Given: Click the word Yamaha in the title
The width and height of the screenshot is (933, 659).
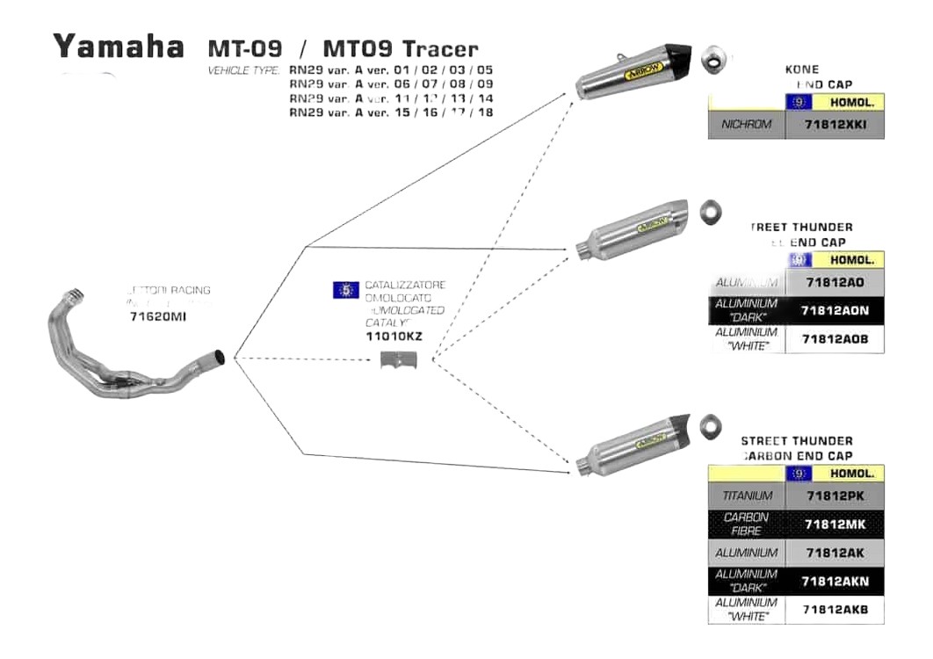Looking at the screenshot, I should click(x=119, y=46).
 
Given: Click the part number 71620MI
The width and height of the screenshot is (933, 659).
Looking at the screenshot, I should click(x=157, y=316).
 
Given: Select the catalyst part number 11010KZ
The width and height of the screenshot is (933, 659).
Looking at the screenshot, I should click(x=394, y=337).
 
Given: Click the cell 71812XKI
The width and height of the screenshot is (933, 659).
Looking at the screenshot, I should click(x=840, y=125).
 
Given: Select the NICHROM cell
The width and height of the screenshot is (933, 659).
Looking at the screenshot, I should click(x=746, y=125).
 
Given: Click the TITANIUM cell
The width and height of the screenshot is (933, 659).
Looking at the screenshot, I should click(x=746, y=496).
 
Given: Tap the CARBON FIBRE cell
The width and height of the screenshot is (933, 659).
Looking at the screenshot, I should click(x=746, y=525).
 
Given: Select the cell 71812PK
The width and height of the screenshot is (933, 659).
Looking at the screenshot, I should click(x=840, y=496).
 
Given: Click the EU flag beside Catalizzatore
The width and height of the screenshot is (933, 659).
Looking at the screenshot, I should click(x=346, y=289).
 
